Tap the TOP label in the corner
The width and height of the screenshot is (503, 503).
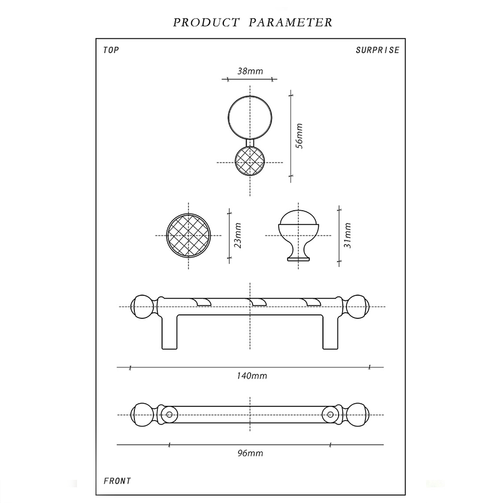pos(111,50)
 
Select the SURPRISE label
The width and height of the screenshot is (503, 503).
pos(377,50)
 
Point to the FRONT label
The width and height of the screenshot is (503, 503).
pos(117,481)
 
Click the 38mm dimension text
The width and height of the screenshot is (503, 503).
pos(250,71)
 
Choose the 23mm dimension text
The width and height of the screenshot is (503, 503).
pos(238,235)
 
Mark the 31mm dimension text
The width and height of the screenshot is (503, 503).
pos(347,235)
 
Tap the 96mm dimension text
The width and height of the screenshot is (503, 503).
pos(250,453)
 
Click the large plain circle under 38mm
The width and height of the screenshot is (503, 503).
pos(250,117)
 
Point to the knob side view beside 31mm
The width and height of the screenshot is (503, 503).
pos(299,234)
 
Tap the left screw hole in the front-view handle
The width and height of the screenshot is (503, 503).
pos(169,415)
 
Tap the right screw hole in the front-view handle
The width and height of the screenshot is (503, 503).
pos(330,415)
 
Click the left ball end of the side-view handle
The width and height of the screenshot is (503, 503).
pos(141,306)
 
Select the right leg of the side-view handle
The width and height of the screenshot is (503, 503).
pos(330,332)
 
